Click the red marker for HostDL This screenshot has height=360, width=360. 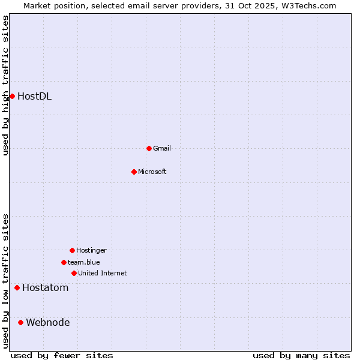coord(12,96)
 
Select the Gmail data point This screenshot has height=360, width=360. coord(149,148)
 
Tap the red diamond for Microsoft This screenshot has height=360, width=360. coord(134,172)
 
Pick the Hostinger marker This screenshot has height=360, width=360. coord(72,250)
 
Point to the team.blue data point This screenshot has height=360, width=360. coord(64,262)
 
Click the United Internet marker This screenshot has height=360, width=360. coord(74,273)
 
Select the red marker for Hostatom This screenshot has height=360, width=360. coord(17,288)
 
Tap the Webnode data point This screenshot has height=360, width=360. coord(20,323)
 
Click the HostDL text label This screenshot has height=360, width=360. coord(34,96)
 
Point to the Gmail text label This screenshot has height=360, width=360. coord(162,148)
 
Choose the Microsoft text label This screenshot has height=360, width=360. coord(152,172)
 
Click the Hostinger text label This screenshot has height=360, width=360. coord(91,250)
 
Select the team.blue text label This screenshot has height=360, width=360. coord(84,262)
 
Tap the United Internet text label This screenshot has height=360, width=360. coord(103,273)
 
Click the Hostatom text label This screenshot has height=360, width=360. coord(46,288)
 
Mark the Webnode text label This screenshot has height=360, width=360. coord(48,323)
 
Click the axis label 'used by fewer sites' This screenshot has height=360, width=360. coord(62,356)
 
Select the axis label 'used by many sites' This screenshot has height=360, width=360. coord(301,356)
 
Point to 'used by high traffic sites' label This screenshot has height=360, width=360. coord(5,85)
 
